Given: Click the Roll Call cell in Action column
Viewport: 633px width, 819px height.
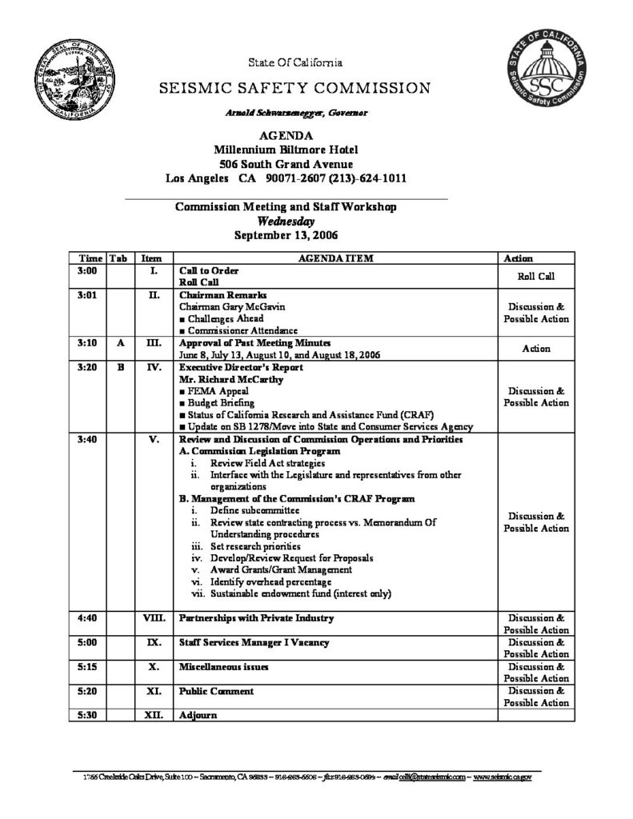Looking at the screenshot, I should [535, 277].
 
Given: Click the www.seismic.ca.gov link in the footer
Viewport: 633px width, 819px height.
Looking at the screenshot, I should [507, 777].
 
